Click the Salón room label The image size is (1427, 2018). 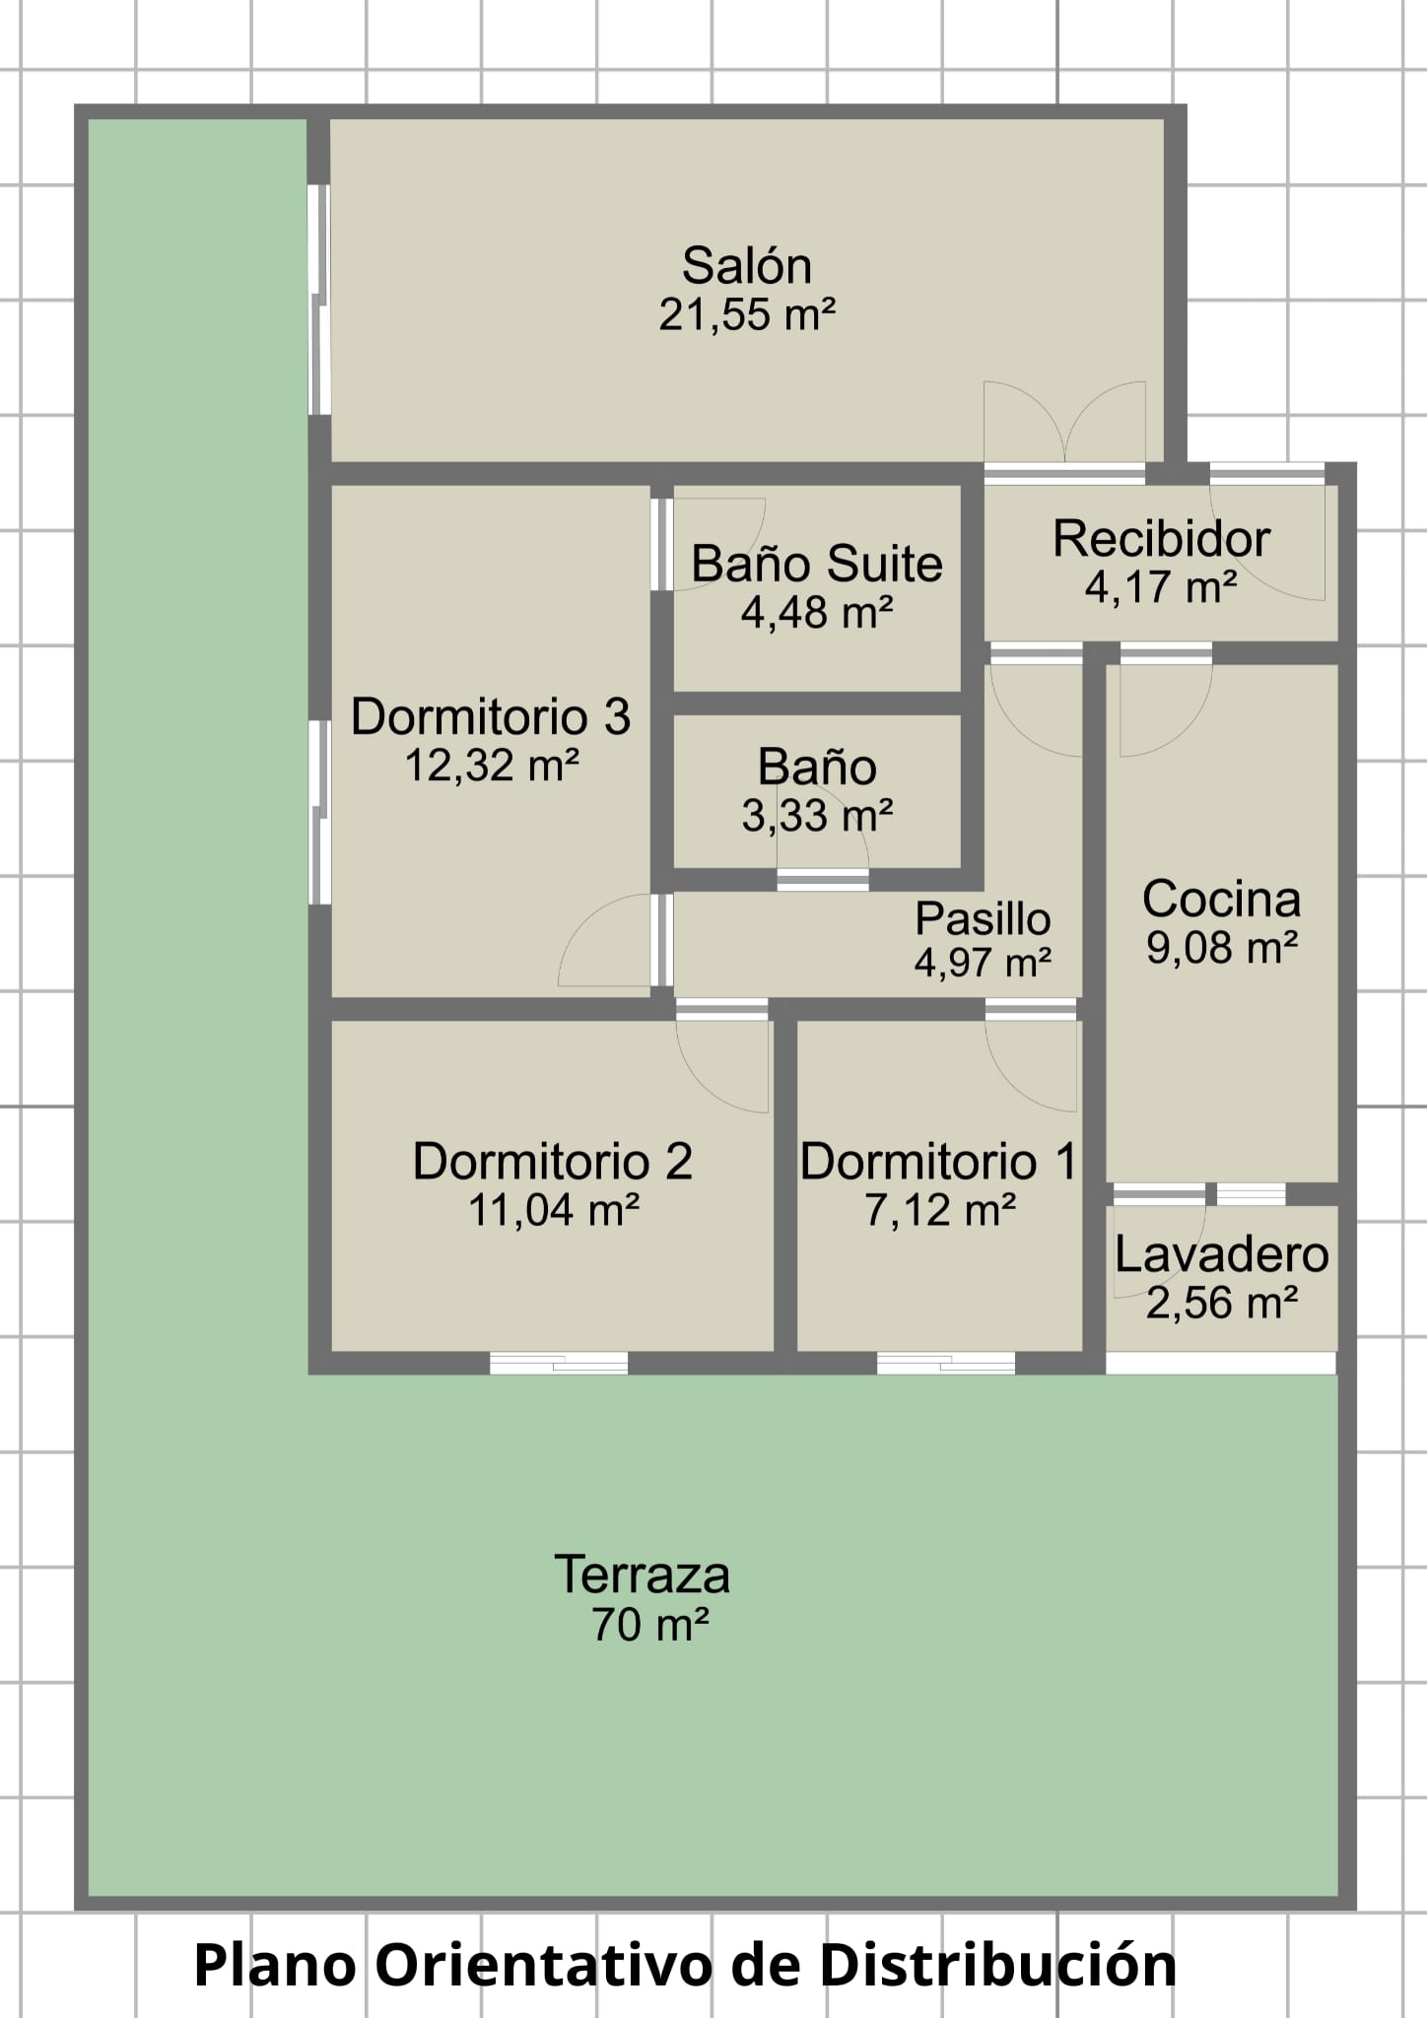[x=747, y=266]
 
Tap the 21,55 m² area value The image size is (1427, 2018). [x=747, y=314]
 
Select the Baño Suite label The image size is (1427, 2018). [x=817, y=565]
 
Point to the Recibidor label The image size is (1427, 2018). [x=1161, y=539]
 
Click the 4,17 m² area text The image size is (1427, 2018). [x=1161, y=587]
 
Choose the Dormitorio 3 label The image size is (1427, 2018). [x=491, y=716]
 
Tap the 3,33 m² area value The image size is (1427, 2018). [x=817, y=815]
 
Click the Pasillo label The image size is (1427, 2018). [x=983, y=919]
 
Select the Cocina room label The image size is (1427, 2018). [x=1221, y=899]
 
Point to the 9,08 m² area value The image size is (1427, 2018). [x=1221, y=947]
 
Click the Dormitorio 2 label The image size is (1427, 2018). [x=553, y=1161]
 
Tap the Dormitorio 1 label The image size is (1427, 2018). [x=939, y=1161]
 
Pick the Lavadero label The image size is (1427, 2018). [x=1221, y=1254]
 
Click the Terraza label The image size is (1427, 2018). [x=643, y=1575]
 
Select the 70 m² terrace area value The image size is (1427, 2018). [x=650, y=1624]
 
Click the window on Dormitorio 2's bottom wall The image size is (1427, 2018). [x=559, y=1363]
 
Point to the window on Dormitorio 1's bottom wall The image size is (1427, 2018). [x=946, y=1363]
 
